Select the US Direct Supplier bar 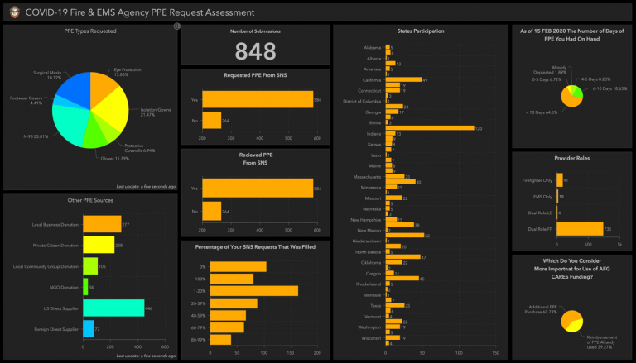[x=113, y=308]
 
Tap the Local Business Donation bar [x=102, y=223]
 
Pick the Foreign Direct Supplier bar [x=89, y=328]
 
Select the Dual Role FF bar [x=581, y=228]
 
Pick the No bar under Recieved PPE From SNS [x=211, y=211]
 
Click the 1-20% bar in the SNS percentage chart [x=253, y=291]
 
